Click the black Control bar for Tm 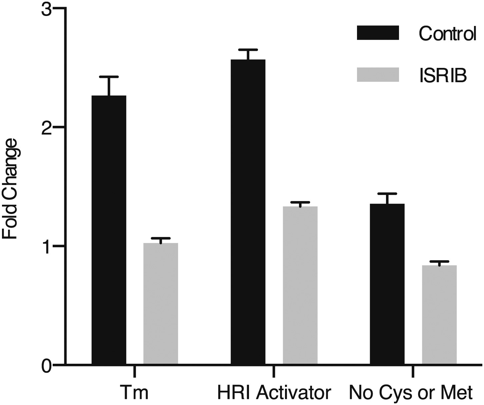coord(109,230)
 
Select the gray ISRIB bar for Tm coord(161,304)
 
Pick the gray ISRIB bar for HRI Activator coord(300,285)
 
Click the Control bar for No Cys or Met coord(388,284)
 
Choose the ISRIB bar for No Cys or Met coord(439,314)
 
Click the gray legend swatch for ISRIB coord(378,75)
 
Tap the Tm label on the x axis coord(134,393)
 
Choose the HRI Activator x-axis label coord(274,393)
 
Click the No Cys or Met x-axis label coord(411,393)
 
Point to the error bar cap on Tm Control coord(109,77)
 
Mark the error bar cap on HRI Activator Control coord(248,50)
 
